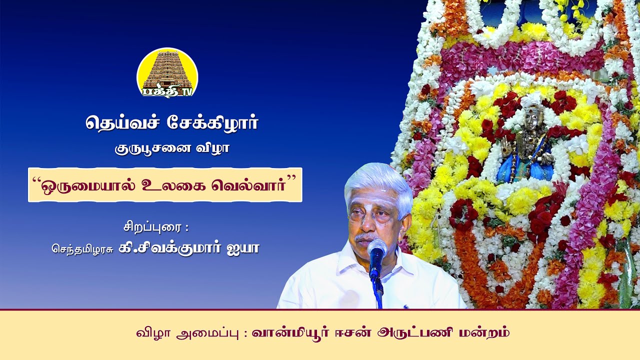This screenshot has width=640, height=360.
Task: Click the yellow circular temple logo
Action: tap(167, 73)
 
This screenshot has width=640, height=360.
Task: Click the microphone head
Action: tap(377, 250)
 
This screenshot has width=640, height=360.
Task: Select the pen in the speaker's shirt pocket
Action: tap(405, 307)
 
